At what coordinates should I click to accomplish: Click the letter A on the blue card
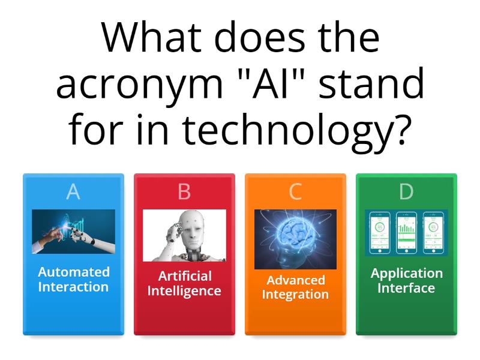[x=73, y=191]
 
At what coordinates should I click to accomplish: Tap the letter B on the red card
[x=184, y=191]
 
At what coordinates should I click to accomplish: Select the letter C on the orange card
[x=295, y=191]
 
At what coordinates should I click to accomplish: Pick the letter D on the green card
[x=406, y=191]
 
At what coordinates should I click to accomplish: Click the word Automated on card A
[x=74, y=272]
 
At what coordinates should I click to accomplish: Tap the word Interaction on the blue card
[x=73, y=287]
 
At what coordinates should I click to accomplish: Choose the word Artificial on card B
[x=184, y=276]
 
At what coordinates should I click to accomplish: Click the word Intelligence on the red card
[x=184, y=291]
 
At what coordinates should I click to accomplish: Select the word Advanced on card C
[x=295, y=280]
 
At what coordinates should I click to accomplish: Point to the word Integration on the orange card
[x=295, y=295]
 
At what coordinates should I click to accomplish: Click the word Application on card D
[x=406, y=273]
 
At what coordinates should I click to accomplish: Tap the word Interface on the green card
[x=406, y=288]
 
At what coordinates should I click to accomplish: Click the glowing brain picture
[x=295, y=239]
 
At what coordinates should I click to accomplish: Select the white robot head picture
[x=184, y=235]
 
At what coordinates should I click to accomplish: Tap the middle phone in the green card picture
[x=406, y=232]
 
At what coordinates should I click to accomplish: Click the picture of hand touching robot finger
[x=73, y=231]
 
